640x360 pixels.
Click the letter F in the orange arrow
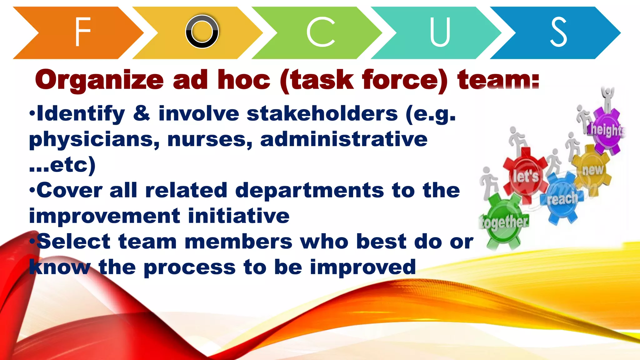pos(82,32)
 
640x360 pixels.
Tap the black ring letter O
pos(202,32)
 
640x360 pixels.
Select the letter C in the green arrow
pos(321,32)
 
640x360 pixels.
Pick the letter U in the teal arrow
pos(440,32)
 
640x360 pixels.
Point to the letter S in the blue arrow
pos(558,32)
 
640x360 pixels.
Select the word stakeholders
pos(322,114)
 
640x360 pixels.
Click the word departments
pos(309,191)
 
